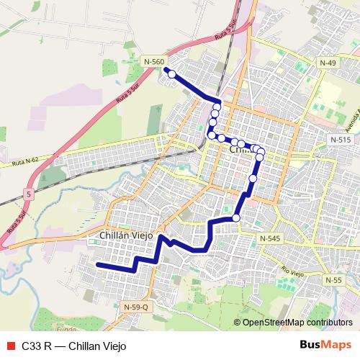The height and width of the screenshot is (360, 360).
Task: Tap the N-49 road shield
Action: pos(328,63)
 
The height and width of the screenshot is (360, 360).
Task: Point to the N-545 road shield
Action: pos(270,238)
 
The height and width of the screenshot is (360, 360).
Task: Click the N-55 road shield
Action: pos(333,279)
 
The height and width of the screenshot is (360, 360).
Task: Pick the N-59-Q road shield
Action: pos(135,307)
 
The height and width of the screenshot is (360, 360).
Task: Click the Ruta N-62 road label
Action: pos(24,164)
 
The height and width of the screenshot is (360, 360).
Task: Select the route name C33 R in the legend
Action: pos(36,345)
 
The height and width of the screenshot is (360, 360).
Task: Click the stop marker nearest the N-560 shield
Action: pos(172,73)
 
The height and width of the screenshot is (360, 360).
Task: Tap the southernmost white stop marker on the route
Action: pos(236,217)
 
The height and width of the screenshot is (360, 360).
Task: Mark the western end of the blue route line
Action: pos(99,265)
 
